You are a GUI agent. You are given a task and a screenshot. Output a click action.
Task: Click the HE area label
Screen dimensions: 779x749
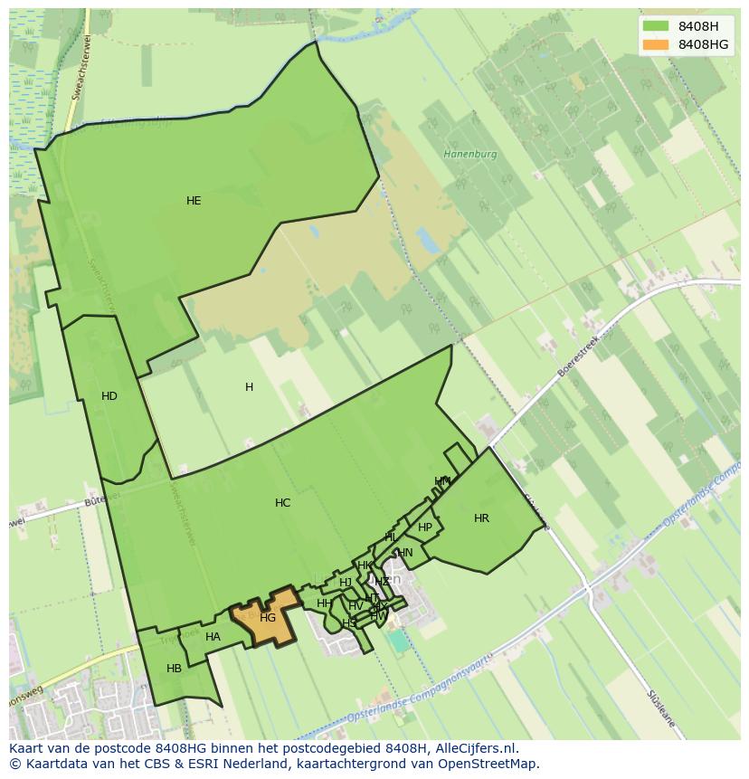(x=194, y=201)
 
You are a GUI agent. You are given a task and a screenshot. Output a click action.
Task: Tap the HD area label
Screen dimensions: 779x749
(x=109, y=396)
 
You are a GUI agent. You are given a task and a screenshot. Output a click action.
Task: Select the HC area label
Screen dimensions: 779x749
(x=283, y=503)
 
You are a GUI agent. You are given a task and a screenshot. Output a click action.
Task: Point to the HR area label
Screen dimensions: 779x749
(x=481, y=518)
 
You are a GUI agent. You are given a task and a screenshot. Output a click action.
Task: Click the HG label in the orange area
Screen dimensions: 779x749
(x=268, y=618)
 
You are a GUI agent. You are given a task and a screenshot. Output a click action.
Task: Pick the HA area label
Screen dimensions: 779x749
(x=213, y=637)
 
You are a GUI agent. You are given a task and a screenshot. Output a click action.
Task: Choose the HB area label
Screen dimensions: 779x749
(x=175, y=669)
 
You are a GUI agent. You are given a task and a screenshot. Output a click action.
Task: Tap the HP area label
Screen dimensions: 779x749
(x=425, y=527)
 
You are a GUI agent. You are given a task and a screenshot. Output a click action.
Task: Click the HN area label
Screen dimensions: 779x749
(x=405, y=553)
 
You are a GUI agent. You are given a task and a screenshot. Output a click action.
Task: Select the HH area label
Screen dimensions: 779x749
(x=324, y=603)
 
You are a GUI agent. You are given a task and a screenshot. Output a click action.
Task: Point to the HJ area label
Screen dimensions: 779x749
(x=346, y=583)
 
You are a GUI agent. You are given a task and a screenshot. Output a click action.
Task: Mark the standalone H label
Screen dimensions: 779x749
(x=249, y=387)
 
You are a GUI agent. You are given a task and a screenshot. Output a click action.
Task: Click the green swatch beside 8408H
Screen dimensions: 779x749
(x=655, y=26)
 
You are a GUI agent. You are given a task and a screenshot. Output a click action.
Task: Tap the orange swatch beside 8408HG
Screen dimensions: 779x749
(x=655, y=44)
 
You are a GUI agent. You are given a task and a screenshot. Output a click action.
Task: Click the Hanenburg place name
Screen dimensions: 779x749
(x=470, y=154)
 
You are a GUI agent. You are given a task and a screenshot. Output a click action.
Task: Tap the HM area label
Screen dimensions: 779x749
(x=442, y=481)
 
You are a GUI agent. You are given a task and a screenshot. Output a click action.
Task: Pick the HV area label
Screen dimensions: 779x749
(x=356, y=605)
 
